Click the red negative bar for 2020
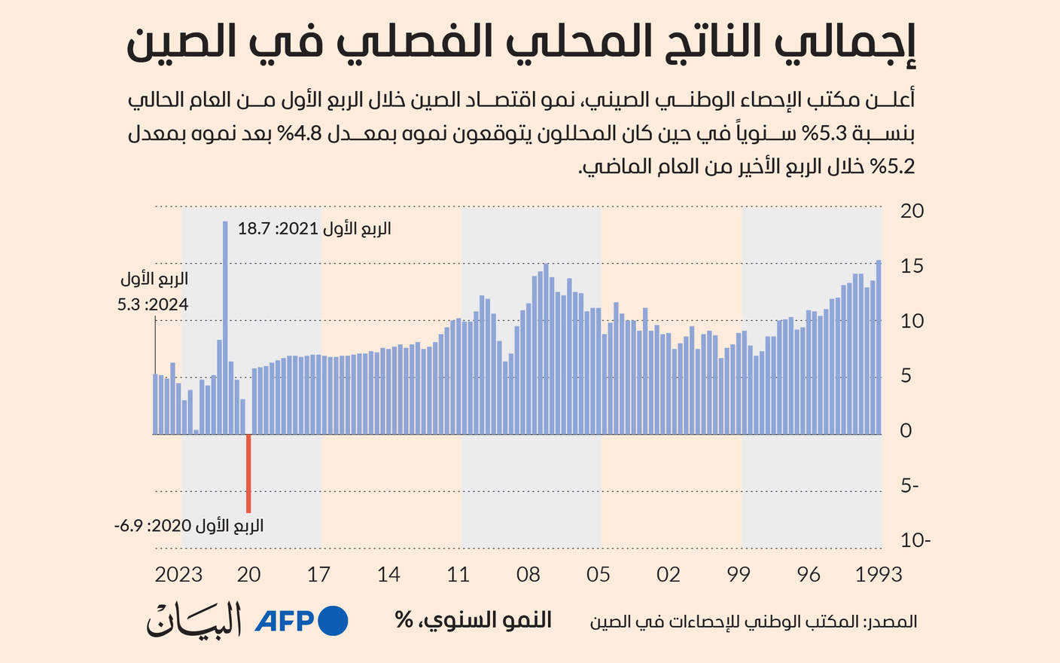(248, 473)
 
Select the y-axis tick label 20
(912, 211)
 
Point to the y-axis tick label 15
(912, 266)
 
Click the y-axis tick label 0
(906, 430)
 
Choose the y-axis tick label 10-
(915, 540)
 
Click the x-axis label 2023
(178, 575)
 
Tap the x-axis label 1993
(878, 575)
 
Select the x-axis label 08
(528, 575)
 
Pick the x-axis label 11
(458, 575)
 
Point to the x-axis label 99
(739, 575)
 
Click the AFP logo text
(285, 621)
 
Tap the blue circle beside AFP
(334, 621)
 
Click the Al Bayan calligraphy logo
(194, 620)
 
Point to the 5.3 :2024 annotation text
(153, 305)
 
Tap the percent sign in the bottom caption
(404, 621)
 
